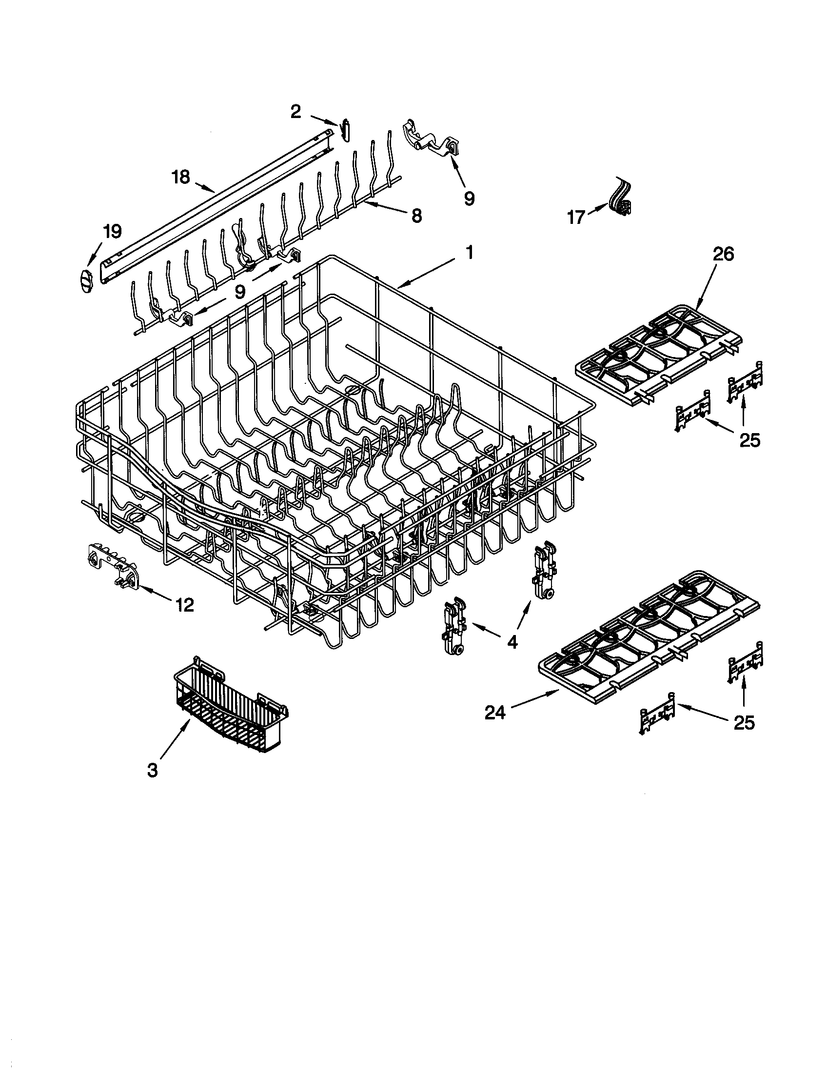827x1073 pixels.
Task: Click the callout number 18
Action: click(181, 177)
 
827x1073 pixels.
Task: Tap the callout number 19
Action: click(113, 231)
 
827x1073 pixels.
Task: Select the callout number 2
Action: click(295, 112)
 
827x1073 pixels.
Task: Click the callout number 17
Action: click(576, 216)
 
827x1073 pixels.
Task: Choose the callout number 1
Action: click(469, 253)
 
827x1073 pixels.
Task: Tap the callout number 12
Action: click(185, 604)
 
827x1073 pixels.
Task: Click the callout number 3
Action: click(153, 770)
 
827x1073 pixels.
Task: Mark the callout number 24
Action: click(495, 713)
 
